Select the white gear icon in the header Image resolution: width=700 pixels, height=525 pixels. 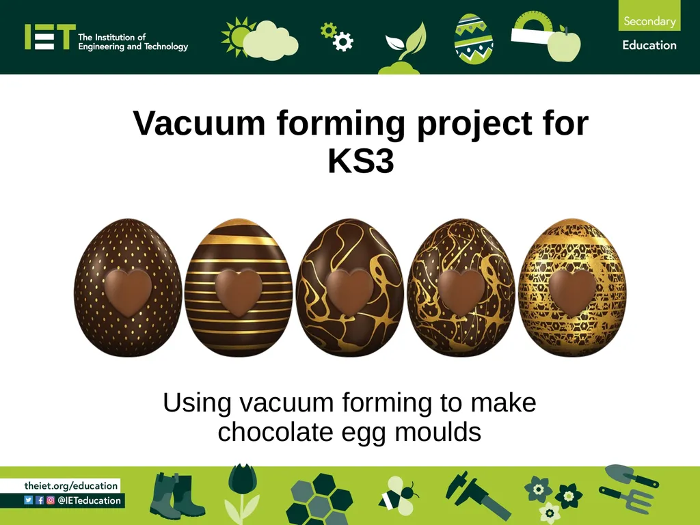coord(343,42)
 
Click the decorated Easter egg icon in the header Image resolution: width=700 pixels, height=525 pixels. coord(473,39)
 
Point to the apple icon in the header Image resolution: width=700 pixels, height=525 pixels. coord(564,44)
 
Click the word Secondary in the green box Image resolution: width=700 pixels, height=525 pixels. coord(649,21)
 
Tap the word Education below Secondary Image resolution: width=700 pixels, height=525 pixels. coord(649,45)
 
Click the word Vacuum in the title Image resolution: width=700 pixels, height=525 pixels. coord(199,122)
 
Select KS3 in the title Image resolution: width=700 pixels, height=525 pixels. coord(361,161)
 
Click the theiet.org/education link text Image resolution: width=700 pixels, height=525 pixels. coord(71,486)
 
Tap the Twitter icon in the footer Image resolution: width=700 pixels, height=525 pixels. coord(29,500)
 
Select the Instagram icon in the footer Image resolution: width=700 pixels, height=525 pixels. coord(51,500)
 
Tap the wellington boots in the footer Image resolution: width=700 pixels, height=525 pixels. coord(176,496)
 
